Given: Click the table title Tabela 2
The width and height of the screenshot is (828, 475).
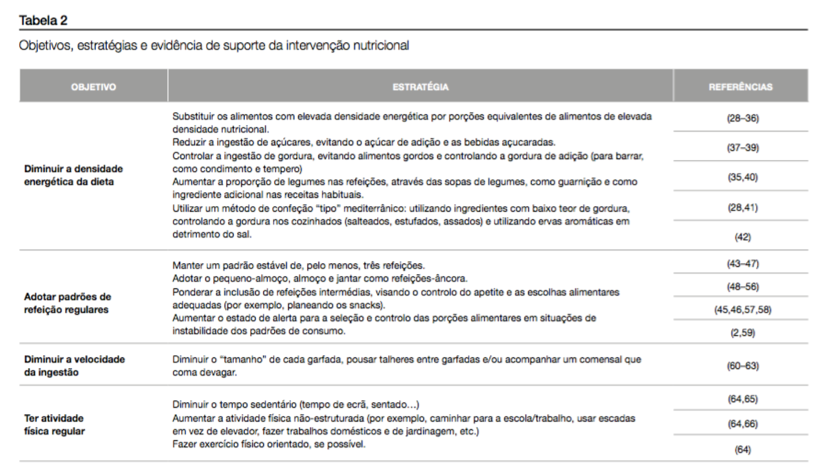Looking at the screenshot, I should coord(43,21).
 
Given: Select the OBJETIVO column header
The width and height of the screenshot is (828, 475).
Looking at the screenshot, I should coord(93,87).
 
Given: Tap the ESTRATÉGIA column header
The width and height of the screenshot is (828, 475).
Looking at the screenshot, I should coord(420,87).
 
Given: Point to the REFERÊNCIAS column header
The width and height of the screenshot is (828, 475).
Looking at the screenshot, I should coord(740,87).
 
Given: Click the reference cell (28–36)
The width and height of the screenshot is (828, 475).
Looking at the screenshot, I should coord(742,118).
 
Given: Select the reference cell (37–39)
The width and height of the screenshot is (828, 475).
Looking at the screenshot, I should coord(742,148).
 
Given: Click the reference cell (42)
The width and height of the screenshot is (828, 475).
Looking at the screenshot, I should coord(742,237).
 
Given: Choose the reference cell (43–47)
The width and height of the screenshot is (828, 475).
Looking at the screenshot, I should coord(742,264).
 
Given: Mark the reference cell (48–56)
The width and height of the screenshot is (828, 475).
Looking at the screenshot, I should coord(742,287).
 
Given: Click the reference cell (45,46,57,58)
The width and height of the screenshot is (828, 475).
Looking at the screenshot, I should coord(742,310).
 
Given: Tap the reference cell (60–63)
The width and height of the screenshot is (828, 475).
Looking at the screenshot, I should coord(742,366).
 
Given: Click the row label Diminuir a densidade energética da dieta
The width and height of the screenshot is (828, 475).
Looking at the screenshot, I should coord(73,175).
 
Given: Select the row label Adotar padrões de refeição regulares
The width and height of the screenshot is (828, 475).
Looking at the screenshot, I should coord(67,303).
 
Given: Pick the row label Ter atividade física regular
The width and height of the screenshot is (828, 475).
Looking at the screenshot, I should coord(54,425).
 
